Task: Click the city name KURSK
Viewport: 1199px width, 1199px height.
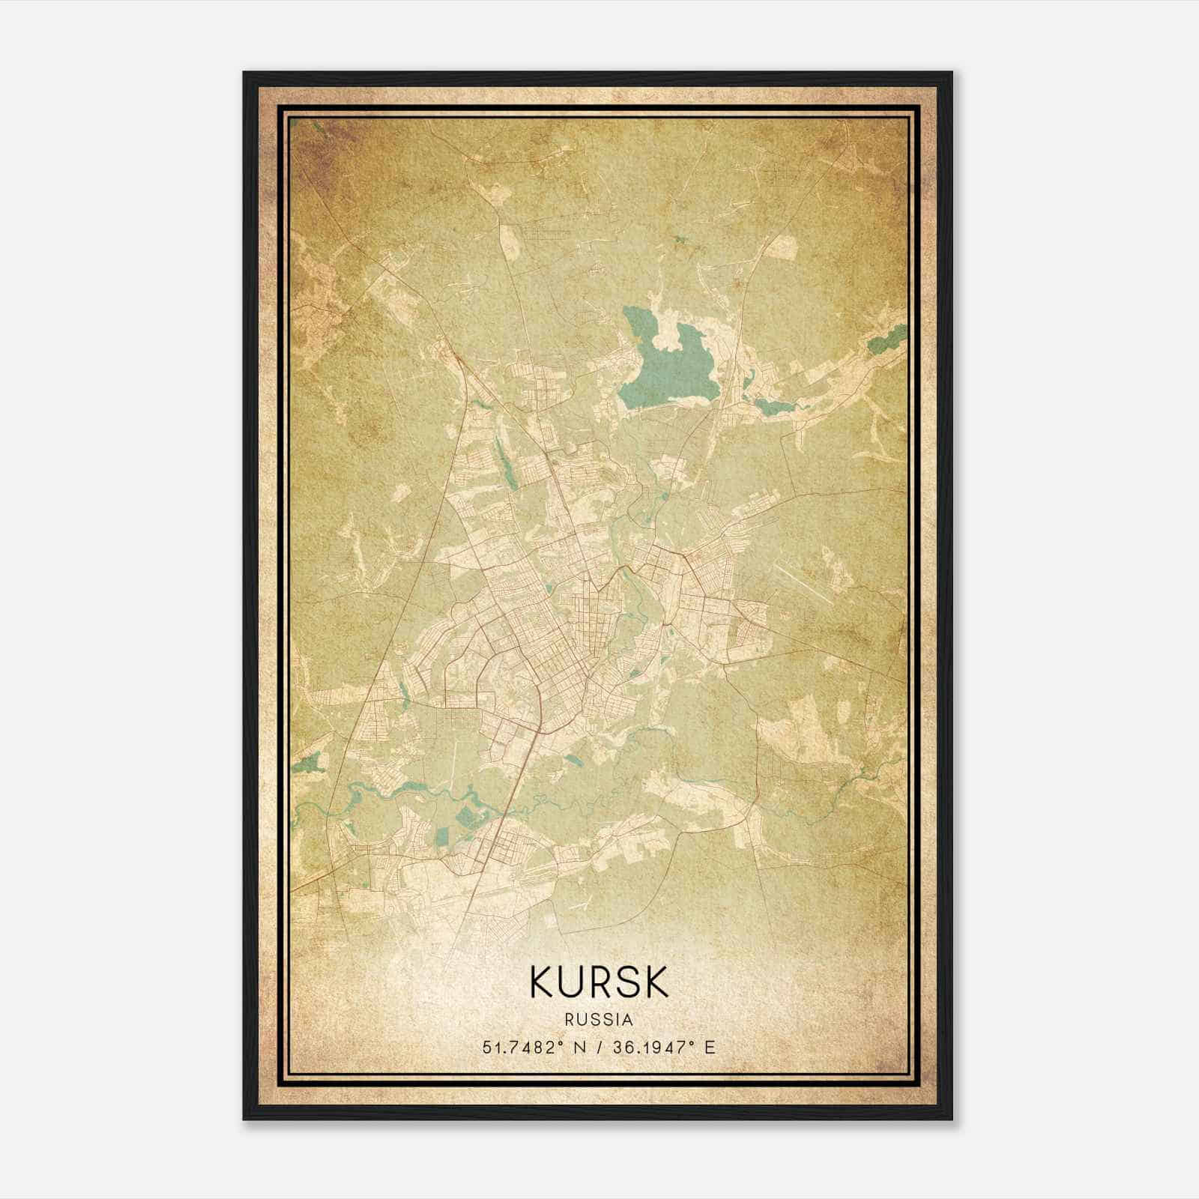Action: [599, 982]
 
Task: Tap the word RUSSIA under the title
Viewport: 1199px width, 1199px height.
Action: [599, 1020]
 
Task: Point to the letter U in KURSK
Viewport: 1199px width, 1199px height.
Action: [570, 982]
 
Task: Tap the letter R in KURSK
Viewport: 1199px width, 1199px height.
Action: [599, 982]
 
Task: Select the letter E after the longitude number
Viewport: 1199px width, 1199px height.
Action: [710, 1047]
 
